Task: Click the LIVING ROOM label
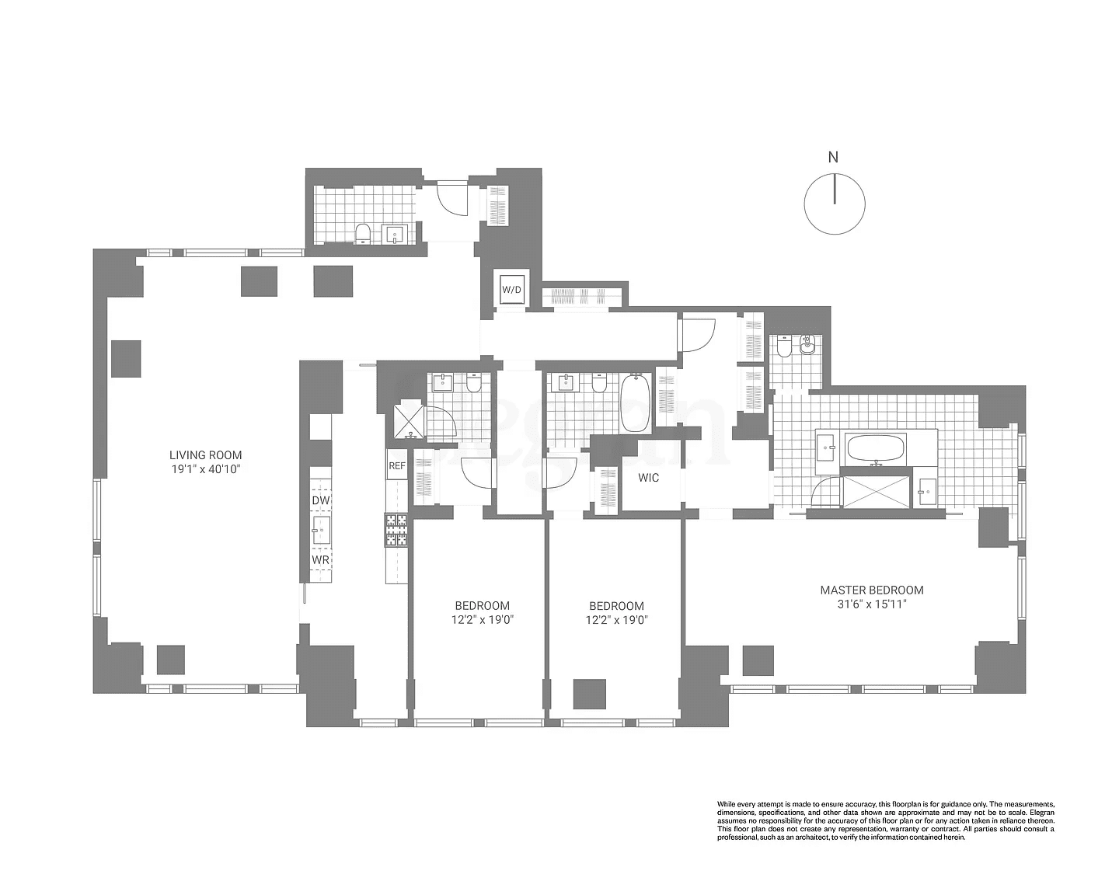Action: coord(206,455)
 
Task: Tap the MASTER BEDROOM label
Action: coord(872,590)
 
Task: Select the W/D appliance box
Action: coord(511,290)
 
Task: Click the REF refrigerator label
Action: coord(396,466)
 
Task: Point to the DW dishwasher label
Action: coord(320,501)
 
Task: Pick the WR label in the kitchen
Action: coord(320,559)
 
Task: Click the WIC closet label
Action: coord(649,478)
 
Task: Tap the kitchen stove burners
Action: coord(396,531)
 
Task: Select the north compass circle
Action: coord(834,204)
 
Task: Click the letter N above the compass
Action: coord(833,158)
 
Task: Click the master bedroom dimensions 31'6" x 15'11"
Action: coord(872,604)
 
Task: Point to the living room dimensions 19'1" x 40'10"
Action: coord(206,469)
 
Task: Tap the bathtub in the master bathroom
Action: coord(875,448)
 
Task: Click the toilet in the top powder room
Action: coord(362,232)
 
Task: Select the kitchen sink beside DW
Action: coord(320,531)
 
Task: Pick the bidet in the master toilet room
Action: coord(807,344)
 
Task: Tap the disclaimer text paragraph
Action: coord(885,820)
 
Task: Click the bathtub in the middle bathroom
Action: coord(635,403)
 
